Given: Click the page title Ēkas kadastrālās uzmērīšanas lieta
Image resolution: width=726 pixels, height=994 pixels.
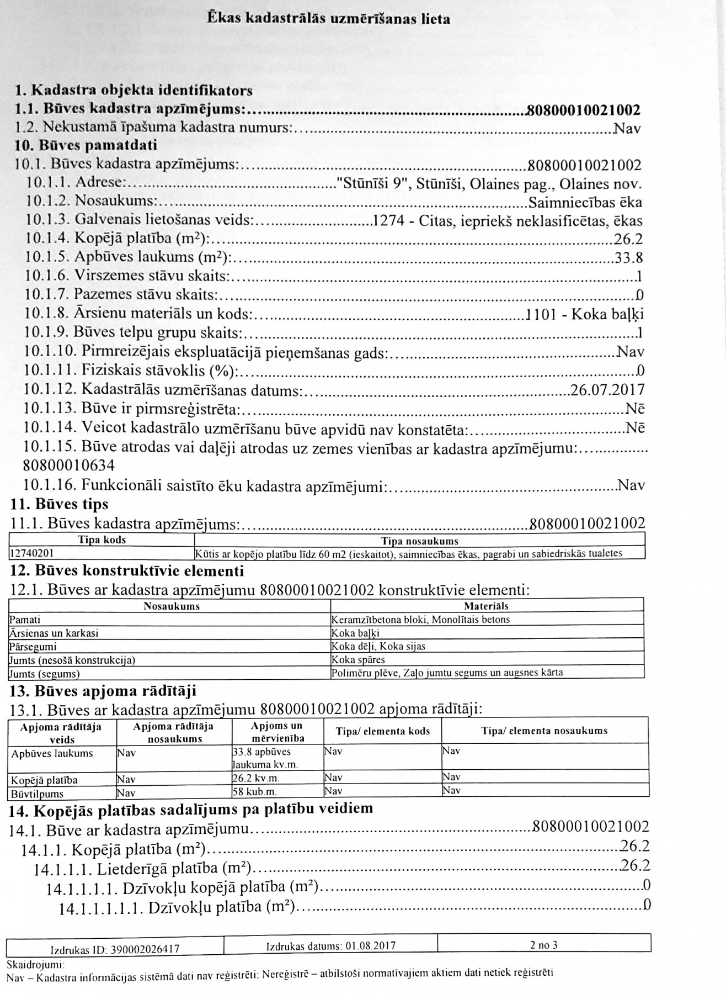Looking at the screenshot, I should point(329,19).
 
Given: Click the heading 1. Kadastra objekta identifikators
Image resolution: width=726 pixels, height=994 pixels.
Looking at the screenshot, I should point(134,90).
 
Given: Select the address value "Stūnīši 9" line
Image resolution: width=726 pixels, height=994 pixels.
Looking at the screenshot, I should point(489,184).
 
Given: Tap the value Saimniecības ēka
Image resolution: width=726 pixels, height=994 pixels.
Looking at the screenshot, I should point(585,202).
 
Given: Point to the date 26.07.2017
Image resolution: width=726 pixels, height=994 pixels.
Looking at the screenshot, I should point(607,390).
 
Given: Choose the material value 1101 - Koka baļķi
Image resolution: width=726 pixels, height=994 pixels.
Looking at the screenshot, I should point(585,315).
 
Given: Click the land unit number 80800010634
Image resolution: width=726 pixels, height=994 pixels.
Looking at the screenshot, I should point(69,466).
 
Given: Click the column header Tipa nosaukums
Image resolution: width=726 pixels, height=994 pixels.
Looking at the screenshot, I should point(419,541).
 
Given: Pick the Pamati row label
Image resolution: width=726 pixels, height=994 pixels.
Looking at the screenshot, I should point(25,620).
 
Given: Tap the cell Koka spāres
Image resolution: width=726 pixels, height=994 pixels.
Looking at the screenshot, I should point(358,659).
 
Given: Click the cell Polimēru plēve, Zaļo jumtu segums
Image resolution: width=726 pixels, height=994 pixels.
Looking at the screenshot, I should point(447,673).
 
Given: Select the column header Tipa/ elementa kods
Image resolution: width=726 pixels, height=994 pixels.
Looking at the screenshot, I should point(382,731).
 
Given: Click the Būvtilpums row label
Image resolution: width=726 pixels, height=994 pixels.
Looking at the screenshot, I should point(36,794).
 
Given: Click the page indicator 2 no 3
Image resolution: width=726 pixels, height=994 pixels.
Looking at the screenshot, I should point(543,945).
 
